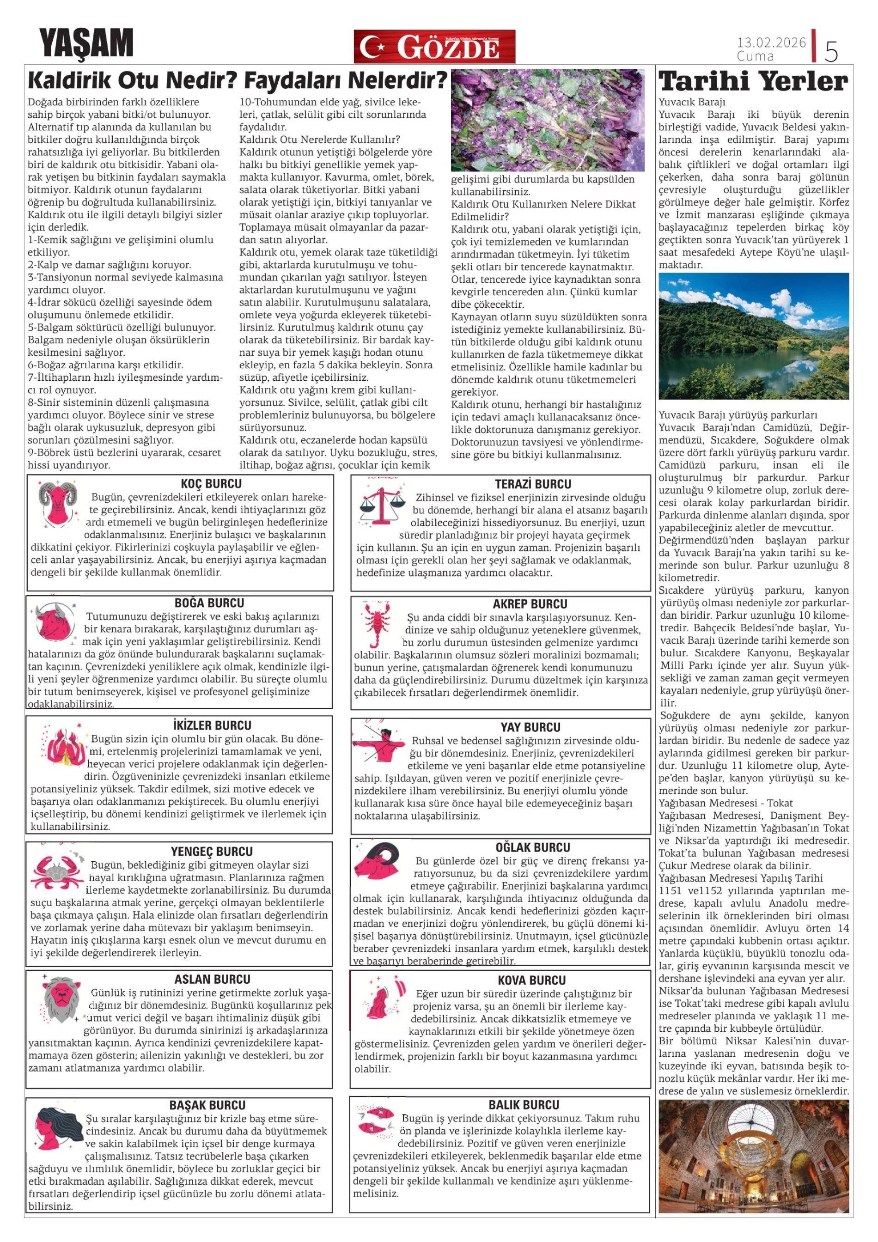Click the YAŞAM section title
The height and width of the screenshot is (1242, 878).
pyautogui.click(x=86, y=44)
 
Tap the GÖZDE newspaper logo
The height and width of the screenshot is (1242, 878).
pyautogui.click(x=434, y=47)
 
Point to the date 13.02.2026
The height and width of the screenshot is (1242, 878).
pyautogui.click(x=771, y=42)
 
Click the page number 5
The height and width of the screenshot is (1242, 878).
pyautogui.click(x=831, y=51)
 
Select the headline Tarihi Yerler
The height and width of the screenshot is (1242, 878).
pyautogui.click(x=754, y=81)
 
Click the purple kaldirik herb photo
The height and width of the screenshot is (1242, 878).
pyautogui.click(x=548, y=120)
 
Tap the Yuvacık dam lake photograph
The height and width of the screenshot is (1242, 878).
pyautogui.click(x=754, y=336)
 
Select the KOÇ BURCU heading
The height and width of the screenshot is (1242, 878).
pyautogui.click(x=211, y=484)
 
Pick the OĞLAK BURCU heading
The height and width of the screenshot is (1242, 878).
pyautogui.click(x=532, y=848)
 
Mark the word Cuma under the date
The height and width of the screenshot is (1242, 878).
pyautogui.click(x=755, y=56)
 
